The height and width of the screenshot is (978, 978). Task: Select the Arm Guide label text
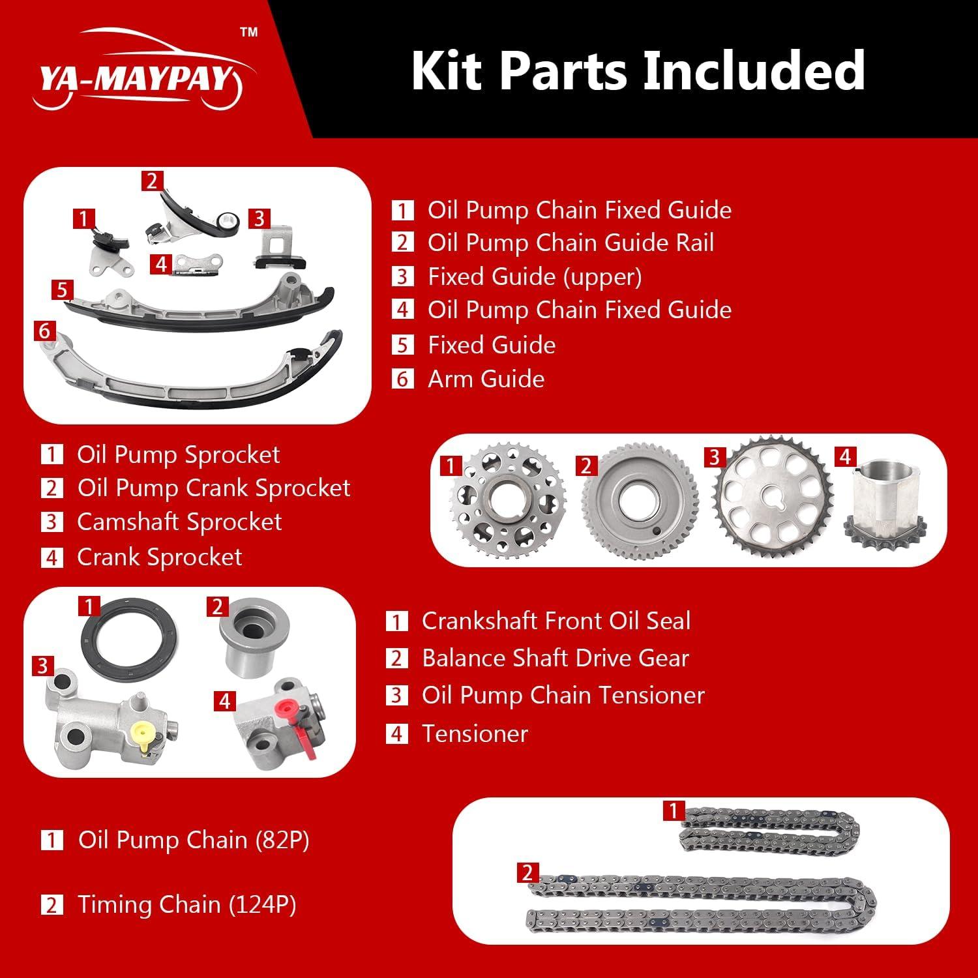coord(486,379)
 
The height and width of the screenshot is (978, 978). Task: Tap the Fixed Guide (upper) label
coord(535,276)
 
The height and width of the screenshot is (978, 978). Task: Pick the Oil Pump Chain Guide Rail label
coord(570,243)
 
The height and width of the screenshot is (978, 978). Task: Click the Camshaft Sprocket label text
coord(179,522)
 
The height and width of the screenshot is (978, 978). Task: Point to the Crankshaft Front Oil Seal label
coord(556,621)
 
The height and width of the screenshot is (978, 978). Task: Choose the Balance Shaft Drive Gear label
coord(555,658)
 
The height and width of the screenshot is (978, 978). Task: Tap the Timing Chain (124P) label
coord(186,904)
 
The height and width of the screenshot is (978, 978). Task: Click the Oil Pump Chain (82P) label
coord(194,840)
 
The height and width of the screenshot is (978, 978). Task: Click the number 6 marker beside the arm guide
coord(44,331)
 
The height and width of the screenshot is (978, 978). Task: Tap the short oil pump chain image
coord(769,829)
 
